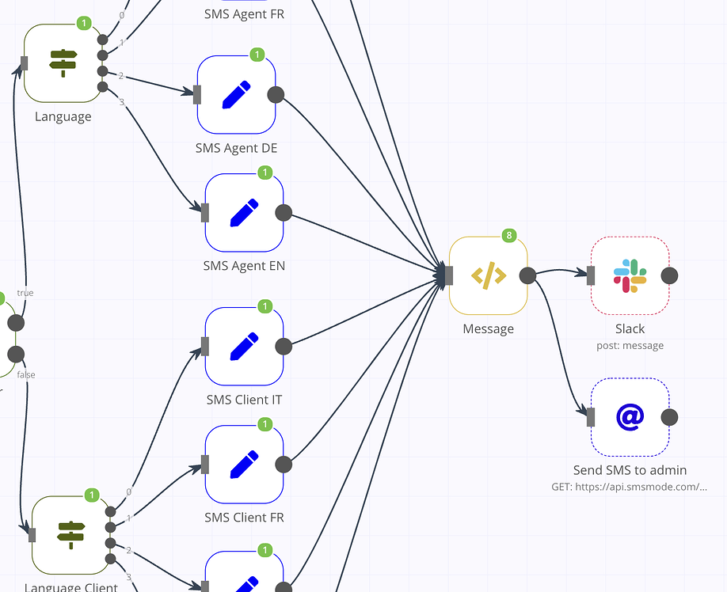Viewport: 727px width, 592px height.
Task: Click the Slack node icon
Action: tap(630, 275)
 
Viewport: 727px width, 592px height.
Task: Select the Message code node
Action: tap(488, 275)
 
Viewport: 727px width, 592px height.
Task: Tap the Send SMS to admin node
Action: tap(630, 417)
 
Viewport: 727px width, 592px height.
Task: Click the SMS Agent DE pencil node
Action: tap(236, 95)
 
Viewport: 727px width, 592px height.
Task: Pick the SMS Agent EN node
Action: tap(244, 213)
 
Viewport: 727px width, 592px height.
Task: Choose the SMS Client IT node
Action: tap(244, 347)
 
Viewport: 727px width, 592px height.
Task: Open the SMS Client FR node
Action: tap(244, 465)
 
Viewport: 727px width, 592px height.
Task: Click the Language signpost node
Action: tap(63, 63)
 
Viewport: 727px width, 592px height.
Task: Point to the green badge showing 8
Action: tap(509, 236)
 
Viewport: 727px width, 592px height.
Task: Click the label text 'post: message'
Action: tap(630, 345)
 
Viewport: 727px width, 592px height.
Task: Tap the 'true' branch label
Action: tap(25, 293)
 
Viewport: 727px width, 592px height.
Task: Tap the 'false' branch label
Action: tap(26, 374)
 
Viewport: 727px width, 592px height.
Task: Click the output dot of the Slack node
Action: tap(669, 275)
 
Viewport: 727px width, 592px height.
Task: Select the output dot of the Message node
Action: tap(527, 275)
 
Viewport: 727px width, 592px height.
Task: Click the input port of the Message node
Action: tap(449, 275)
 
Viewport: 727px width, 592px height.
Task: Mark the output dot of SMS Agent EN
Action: tap(283, 213)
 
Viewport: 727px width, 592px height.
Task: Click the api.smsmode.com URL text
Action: tap(629, 487)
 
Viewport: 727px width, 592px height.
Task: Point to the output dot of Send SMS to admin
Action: tap(669, 417)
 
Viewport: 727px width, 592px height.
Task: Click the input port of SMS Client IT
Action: tap(205, 347)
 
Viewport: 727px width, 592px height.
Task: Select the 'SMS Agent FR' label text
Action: tap(244, 13)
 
